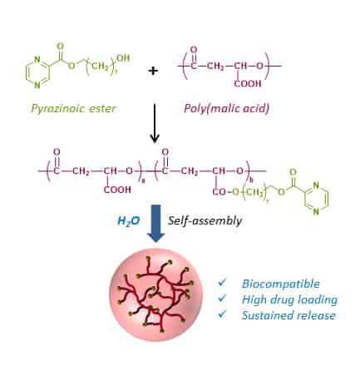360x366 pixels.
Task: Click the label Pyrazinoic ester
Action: tap(73, 108)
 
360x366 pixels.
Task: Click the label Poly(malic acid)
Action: tap(226, 108)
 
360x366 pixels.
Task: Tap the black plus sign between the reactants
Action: tap(153, 71)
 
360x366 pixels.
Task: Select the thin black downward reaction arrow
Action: tap(155, 123)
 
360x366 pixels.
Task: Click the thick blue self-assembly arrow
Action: tap(155, 223)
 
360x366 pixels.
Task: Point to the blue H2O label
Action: tap(129, 221)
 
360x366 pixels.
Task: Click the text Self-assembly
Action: tap(205, 220)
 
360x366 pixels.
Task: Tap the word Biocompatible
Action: tap(281, 284)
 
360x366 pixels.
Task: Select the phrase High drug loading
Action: tap(289, 299)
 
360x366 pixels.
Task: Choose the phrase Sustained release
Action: tap(288, 315)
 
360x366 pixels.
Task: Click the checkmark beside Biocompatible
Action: tap(222, 282)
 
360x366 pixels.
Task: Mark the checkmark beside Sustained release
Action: tap(222, 314)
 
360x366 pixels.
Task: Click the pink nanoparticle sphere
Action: tap(155, 294)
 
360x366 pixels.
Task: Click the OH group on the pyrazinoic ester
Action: tap(123, 58)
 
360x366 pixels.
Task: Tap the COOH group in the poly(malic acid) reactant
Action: tap(248, 83)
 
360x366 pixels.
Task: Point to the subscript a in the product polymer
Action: tap(143, 181)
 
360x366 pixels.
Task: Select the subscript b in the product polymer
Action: tap(251, 181)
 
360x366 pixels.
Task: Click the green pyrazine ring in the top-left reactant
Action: tap(37, 72)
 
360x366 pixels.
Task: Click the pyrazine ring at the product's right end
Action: tap(317, 199)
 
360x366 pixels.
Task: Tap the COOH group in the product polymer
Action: tap(117, 190)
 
